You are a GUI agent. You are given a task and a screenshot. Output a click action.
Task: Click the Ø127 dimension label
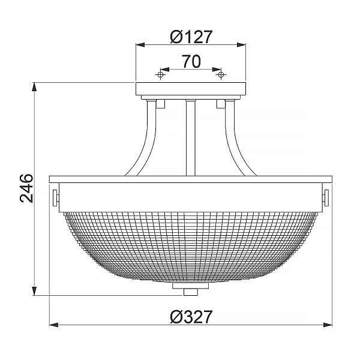click(191, 37)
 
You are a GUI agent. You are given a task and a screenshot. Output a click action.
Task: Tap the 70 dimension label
click(191, 62)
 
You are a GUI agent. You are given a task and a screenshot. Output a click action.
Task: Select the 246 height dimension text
click(26, 188)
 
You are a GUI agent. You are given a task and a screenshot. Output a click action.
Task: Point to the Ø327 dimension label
click(191, 317)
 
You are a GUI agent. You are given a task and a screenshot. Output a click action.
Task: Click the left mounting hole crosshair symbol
click(160, 74)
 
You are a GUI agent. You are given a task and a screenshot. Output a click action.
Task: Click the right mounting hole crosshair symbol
click(221, 74)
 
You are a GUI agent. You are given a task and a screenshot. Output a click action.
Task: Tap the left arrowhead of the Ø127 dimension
click(140, 45)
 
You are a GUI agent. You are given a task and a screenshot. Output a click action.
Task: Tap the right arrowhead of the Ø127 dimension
click(241, 45)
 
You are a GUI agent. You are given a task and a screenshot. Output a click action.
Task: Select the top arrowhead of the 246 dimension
click(34, 87)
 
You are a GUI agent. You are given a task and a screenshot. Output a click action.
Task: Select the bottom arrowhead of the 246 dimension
click(34, 291)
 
